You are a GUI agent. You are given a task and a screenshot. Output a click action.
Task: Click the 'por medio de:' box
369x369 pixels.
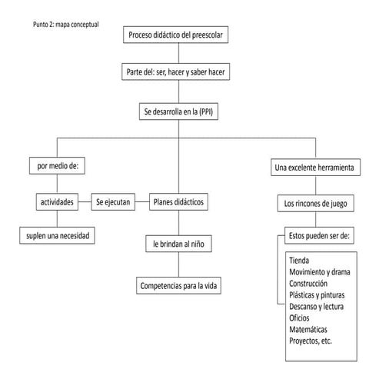pos(50,165)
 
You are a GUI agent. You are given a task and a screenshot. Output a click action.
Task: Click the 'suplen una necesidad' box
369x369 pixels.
pos(57,236)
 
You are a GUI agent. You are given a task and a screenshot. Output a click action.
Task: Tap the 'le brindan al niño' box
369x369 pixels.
pos(178,244)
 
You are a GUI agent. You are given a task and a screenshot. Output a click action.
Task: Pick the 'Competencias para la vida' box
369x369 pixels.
pos(178,285)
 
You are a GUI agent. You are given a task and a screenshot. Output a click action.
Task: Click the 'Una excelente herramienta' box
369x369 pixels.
pos(315,168)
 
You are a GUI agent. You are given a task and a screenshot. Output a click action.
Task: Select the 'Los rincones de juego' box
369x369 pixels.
pos(315,204)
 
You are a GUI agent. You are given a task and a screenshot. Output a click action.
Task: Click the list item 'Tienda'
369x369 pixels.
pos(301,260)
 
